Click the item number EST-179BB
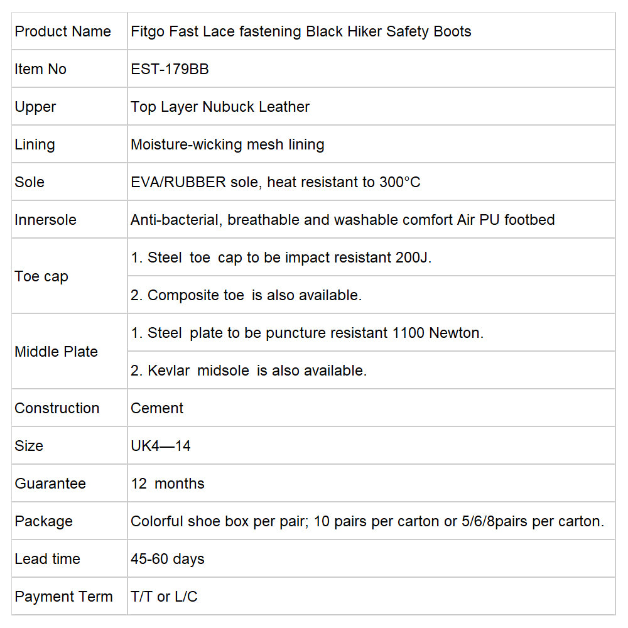(x=170, y=69)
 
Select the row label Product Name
(x=63, y=31)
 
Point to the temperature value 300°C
(x=400, y=182)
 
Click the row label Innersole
(x=45, y=220)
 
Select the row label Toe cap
(x=41, y=276)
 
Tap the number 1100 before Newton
(x=408, y=333)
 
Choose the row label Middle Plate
(x=56, y=352)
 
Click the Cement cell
(x=157, y=408)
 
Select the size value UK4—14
(x=161, y=446)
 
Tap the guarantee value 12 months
(x=168, y=484)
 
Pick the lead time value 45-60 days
(x=168, y=559)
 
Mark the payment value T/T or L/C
(x=164, y=597)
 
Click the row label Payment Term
(x=63, y=597)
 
